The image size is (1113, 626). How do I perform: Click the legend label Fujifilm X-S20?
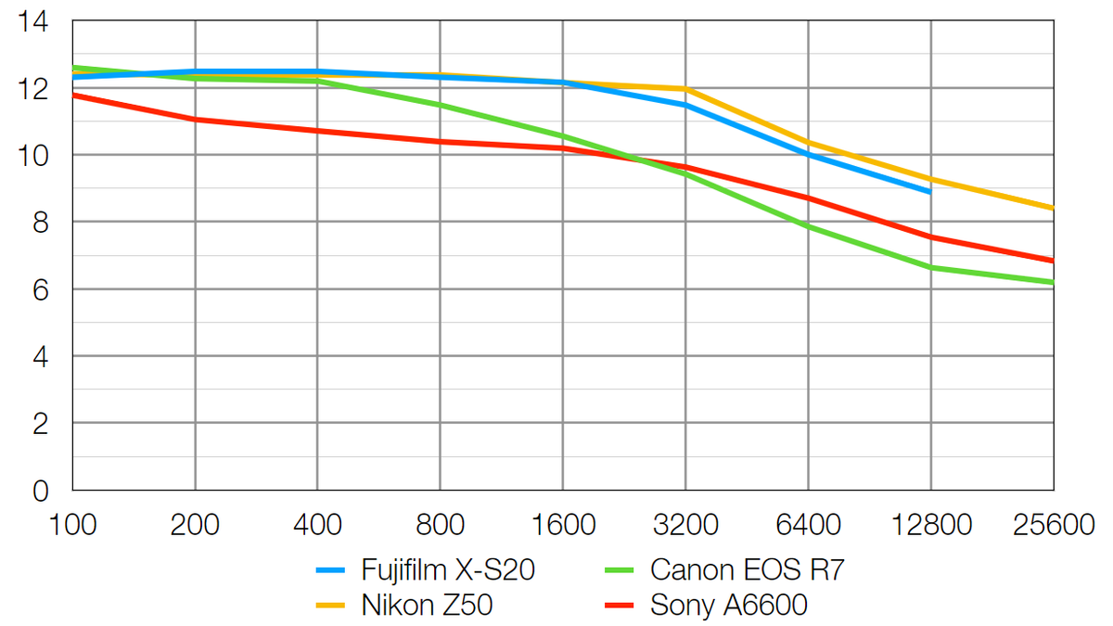[448, 569]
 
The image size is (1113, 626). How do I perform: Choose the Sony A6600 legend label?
[729, 606]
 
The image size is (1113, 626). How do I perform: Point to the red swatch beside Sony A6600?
[620, 607]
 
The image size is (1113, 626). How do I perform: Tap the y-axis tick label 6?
[42, 289]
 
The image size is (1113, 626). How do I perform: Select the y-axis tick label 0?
[42, 491]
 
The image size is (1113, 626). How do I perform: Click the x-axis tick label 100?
[72, 525]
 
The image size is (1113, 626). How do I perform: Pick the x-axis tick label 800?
[440, 525]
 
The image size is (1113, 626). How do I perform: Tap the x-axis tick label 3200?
[684, 525]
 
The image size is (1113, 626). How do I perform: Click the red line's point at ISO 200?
[195, 120]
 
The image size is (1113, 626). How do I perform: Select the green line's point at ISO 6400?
[808, 226]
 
